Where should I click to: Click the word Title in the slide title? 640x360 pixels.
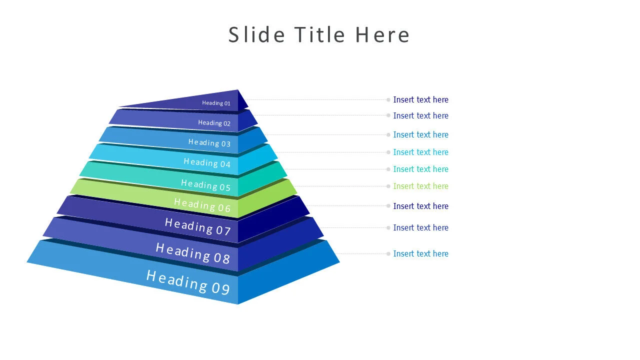click(x=319, y=35)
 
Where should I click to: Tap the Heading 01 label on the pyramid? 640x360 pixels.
click(x=216, y=103)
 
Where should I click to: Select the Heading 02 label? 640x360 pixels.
click(x=214, y=123)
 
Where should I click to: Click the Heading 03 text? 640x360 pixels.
click(x=209, y=143)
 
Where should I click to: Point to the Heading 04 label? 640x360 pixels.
click(x=207, y=163)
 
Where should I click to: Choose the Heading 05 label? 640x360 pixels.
click(x=205, y=185)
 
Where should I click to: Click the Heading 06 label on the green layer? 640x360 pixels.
click(x=202, y=205)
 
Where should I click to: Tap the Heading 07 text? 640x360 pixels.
click(x=197, y=226)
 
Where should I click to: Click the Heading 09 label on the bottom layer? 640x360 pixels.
click(x=187, y=282)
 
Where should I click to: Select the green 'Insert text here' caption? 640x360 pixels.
click(x=420, y=186)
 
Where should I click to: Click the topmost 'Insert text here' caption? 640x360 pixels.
click(x=420, y=99)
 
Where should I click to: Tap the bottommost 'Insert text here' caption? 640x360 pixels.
click(x=420, y=253)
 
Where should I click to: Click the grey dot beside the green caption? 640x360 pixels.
click(x=388, y=186)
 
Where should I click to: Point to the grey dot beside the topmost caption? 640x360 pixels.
click(x=388, y=100)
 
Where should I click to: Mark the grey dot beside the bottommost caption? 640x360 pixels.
click(x=388, y=254)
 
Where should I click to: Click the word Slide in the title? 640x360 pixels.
click(x=256, y=35)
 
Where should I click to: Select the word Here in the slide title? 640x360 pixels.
click(x=382, y=35)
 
